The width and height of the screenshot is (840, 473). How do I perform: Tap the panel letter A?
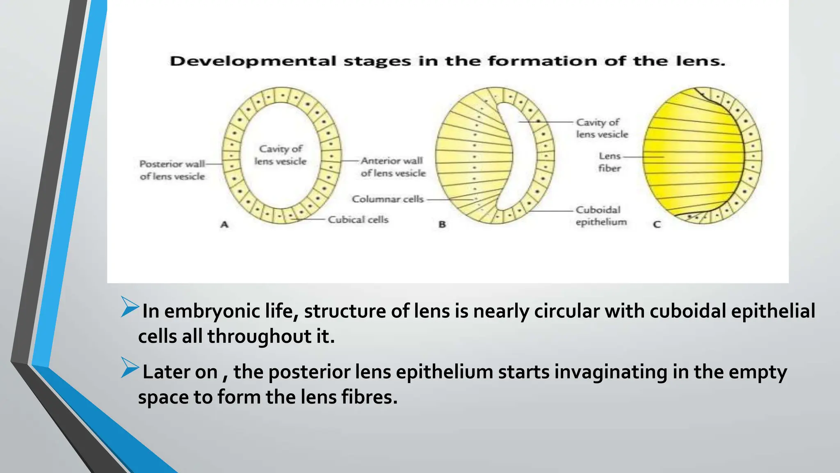point(224,225)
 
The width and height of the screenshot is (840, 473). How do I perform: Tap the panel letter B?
point(442,225)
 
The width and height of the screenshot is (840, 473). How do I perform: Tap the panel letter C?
point(657,225)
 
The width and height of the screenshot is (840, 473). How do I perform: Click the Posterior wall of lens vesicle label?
point(172,170)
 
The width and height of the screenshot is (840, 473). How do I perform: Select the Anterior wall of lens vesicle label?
point(393,167)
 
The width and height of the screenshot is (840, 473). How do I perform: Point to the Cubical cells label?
point(358,220)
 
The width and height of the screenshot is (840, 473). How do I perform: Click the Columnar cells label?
point(388,199)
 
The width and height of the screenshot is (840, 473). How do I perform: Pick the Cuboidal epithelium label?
point(600,216)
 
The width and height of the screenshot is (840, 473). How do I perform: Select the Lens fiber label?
point(609,162)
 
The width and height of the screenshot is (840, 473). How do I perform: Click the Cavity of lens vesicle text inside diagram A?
point(281,155)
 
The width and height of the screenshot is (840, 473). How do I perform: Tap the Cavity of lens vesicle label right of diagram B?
point(602,128)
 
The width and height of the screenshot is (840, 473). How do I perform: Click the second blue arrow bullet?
point(130,368)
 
